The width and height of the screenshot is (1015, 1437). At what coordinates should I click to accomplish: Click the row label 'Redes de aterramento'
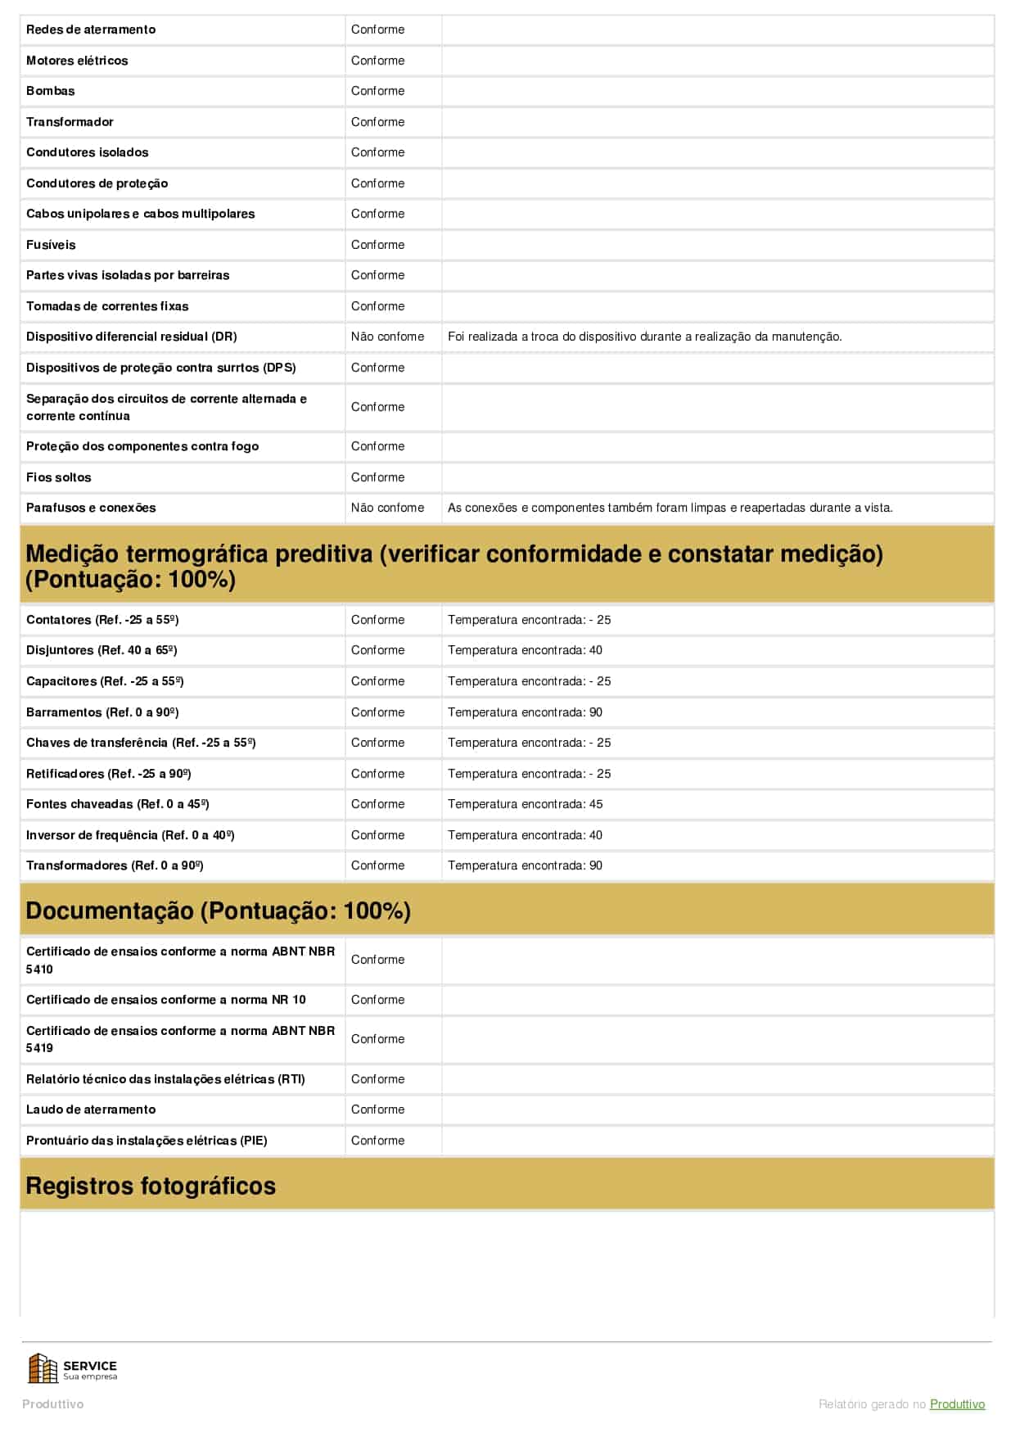coord(91,29)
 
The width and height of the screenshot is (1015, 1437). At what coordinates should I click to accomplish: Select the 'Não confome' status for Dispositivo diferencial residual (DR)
coord(387,337)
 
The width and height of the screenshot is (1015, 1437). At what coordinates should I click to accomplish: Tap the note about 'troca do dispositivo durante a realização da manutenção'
coord(644,337)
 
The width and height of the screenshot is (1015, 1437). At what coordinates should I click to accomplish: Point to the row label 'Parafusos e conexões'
coord(91,508)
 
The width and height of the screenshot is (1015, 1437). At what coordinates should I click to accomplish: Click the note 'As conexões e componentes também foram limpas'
coord(670,508)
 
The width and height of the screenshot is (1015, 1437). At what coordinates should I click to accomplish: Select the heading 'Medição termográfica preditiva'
coord(454,566)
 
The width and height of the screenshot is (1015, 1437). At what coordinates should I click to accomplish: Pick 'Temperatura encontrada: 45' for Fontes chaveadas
coord(525,804)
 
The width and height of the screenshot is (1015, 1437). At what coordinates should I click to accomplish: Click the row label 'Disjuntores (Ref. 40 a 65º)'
coord(101,650)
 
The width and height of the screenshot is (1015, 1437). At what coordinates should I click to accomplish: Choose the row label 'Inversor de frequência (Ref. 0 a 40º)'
coord(130,835)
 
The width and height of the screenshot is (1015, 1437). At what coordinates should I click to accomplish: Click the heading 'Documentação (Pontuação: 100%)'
coord(218,911)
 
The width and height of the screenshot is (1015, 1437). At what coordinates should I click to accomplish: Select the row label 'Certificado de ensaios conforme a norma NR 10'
coord(165,1000)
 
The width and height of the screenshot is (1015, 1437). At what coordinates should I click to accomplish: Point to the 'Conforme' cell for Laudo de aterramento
coord(377,1109)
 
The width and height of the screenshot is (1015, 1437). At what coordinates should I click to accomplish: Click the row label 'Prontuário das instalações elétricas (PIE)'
coord(147,1141)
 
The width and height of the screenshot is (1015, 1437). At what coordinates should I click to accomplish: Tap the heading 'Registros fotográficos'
coord(151,1186)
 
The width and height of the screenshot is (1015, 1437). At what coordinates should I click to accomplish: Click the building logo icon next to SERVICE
coord(43,1368)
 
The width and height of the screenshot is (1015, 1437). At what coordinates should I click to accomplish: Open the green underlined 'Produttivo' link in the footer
coord(957,1404)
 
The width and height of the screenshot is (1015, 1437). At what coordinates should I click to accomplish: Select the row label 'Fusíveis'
coord(51,245)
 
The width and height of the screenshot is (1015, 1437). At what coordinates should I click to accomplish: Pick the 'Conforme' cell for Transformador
coord(377,122)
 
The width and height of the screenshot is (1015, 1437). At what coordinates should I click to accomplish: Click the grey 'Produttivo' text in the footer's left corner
coord(52,1404)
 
